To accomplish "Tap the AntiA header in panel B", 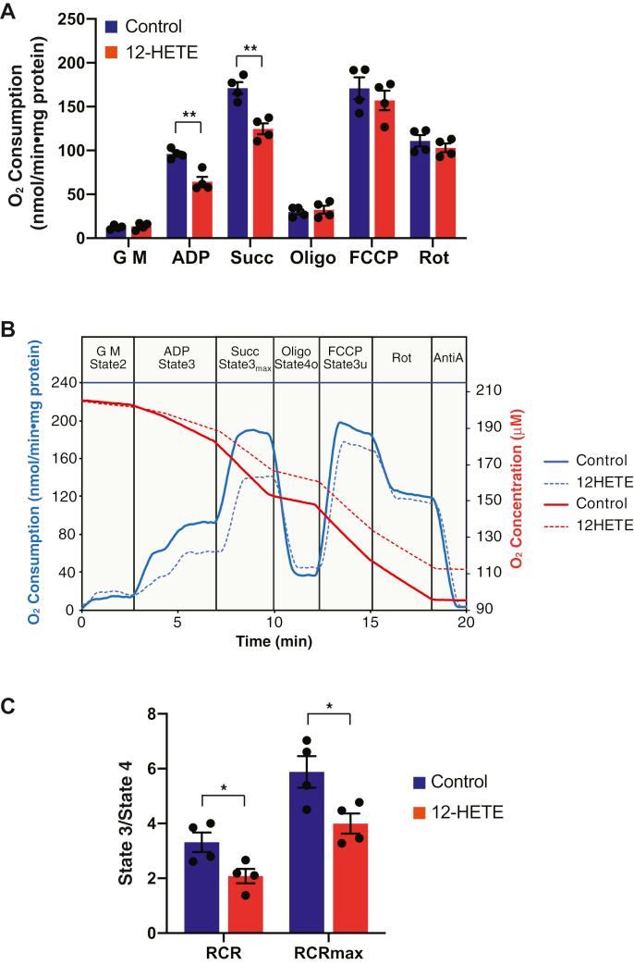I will (x=449, y=355).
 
